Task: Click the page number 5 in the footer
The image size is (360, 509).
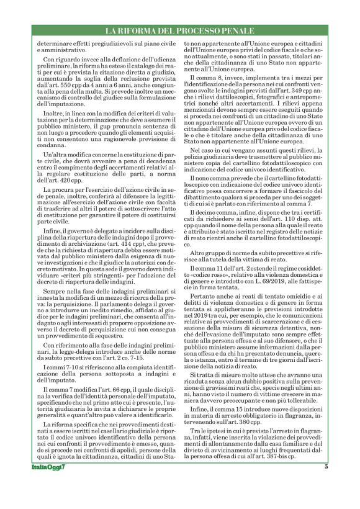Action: coord(325,484)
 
